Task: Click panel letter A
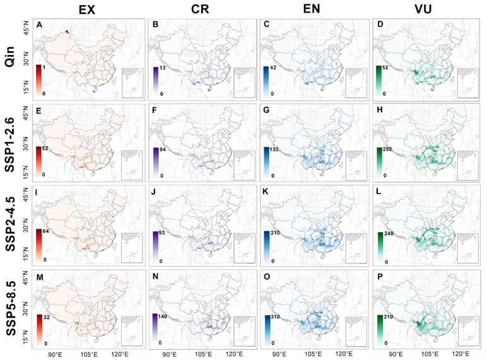(x=40, y=25)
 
